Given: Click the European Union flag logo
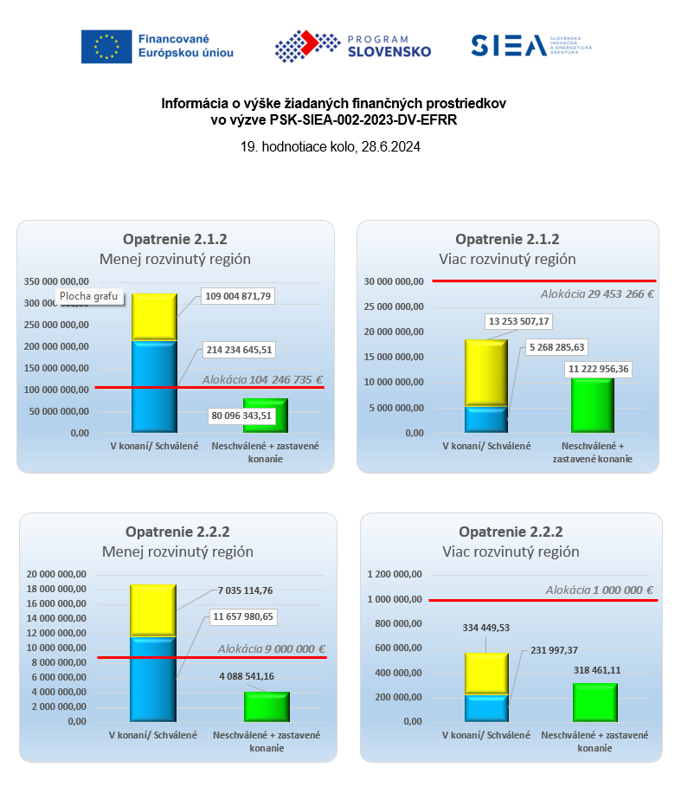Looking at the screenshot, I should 107,46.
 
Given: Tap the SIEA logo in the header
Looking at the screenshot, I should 530,46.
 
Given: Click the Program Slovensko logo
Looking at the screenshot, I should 352,46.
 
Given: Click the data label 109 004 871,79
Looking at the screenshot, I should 238,296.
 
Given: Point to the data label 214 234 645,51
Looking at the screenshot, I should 238,351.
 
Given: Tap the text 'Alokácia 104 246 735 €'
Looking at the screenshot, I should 262,379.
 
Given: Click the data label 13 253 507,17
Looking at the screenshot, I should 519,321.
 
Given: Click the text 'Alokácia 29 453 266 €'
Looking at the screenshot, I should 597,294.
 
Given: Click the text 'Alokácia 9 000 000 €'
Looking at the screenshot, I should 271,648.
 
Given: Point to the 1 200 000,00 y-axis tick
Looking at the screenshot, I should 395,574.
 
